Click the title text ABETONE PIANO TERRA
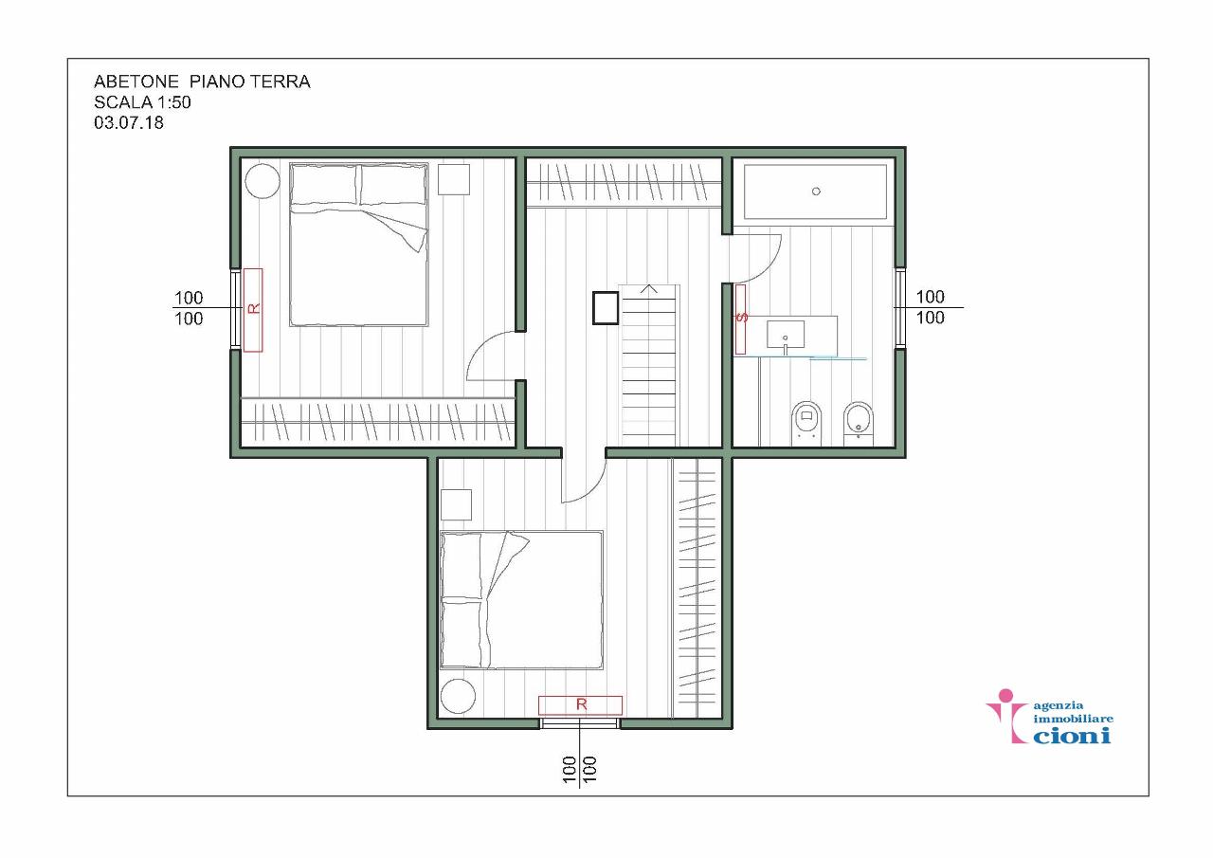coord(202,82)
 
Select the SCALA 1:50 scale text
coord(142,102)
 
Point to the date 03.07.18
coord(129,122)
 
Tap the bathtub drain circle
coord(816,192)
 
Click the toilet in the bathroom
coord(806,423)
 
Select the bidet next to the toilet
coord(859,423)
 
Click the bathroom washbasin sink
coord(786,335)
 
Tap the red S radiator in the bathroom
coord(740,319)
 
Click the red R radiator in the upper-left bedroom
coord(253,310)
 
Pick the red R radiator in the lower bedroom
coord(580,705)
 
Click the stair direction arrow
coord(649,290)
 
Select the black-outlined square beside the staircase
coord(606,308)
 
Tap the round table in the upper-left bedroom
coord(263,181)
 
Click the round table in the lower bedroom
coord(458,696)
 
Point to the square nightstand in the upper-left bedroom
coord(454,179)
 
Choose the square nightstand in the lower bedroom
coord(456,504)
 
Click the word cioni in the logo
coord(1072,735)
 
